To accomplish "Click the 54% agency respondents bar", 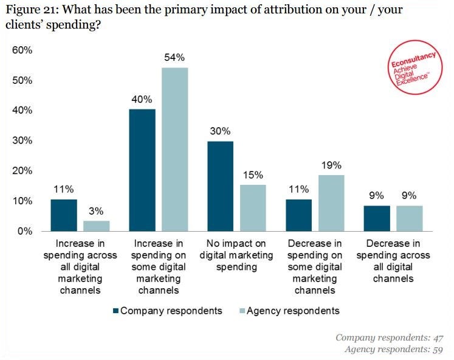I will coord(174,149).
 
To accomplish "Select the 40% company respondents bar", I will coord(142,170).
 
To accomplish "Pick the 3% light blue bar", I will coord(96,226).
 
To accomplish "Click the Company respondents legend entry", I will coord(167,311).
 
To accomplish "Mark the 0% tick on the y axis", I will coord(25,231).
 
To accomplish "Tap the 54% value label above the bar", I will coord(174,58).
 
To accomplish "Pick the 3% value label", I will coord(97,210).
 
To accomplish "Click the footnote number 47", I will coord(437,337).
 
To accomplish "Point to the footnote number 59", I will coord(437,349).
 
